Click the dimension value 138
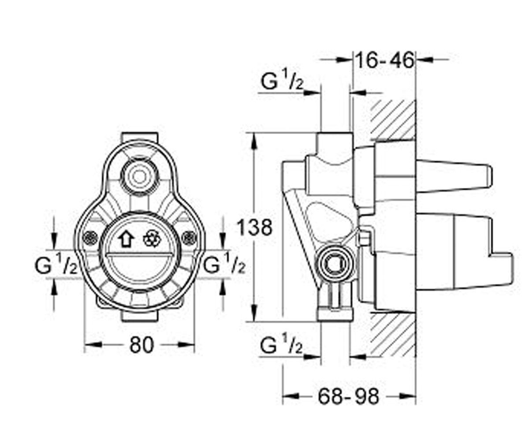[255, 228]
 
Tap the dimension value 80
[142, 345]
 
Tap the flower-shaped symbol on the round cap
[152, 239]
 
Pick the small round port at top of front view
[139, 177]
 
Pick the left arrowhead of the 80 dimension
[93, 345]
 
